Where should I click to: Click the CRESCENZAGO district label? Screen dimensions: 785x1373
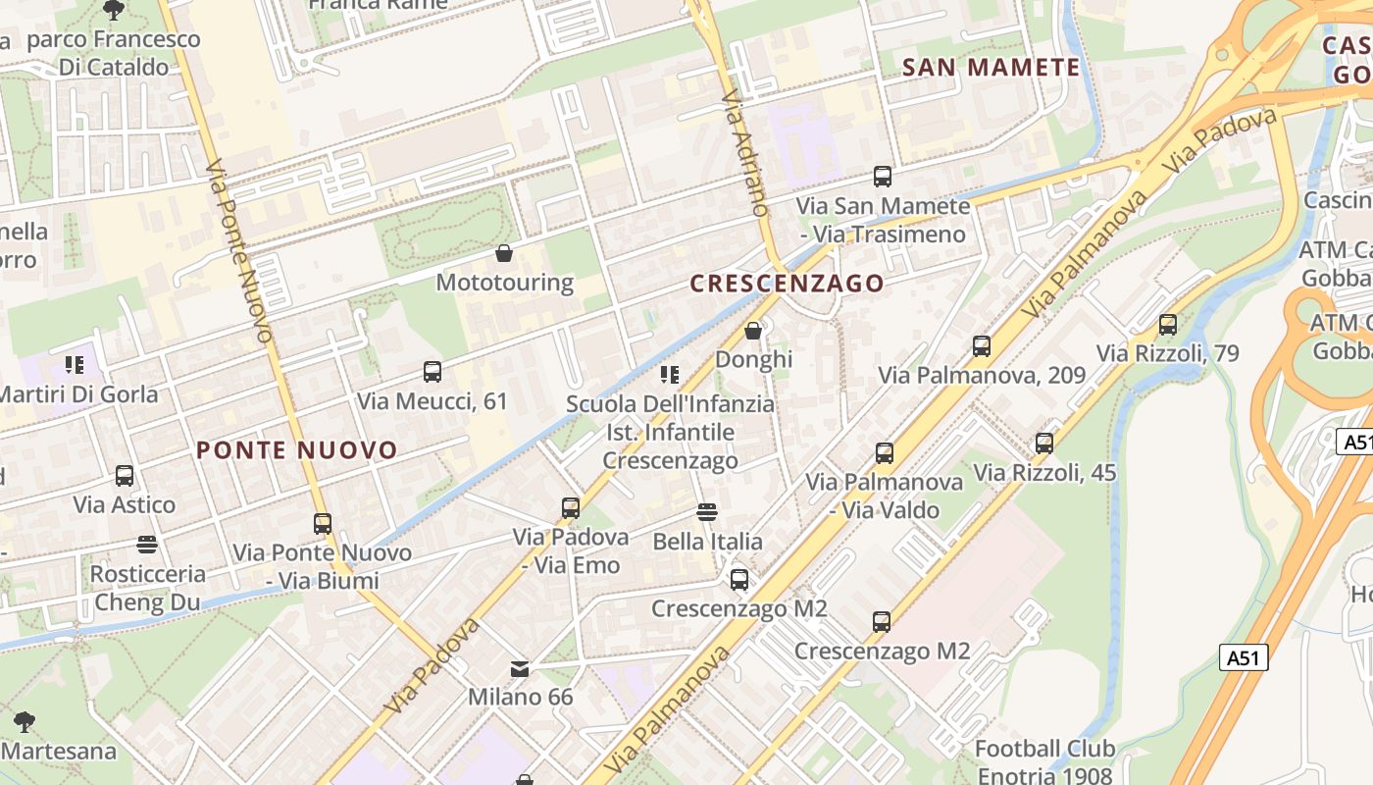click(x=787, y=284)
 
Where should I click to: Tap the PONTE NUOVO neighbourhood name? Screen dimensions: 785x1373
click(x=297, y=450)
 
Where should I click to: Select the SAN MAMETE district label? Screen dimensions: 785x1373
click(x=991, y=68)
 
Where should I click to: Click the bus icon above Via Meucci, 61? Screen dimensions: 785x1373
click(x=432, y=372)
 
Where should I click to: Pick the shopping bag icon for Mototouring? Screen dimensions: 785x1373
click(x=504, y=254)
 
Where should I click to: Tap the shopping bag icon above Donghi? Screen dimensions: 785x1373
click(x=753, y=331)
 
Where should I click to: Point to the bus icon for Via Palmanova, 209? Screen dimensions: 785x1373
click(x=982, y=346)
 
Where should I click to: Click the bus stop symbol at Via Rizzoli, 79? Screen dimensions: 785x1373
click(x=1167, y=325)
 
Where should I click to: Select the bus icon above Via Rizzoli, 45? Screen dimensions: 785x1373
click(x=1044, y=444)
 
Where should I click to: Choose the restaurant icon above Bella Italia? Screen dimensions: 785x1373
click(x=707, y=512)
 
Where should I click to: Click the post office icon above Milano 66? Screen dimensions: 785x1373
click(x=520, y=669)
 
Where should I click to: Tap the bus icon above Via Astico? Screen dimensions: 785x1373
click(x=125, y=476)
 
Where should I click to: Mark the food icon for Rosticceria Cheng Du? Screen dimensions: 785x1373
click(x=147, y=545)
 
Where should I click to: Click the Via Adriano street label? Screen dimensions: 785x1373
click(x=744, y=153)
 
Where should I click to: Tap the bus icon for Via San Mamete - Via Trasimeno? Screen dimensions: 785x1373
click(x=883, y=177)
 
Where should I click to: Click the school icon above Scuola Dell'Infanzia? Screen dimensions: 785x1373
click(x=670, y=375)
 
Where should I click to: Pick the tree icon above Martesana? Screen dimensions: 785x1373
click(x=25, y=723)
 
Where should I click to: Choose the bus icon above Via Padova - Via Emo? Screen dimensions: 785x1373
click(x=571, y=508)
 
